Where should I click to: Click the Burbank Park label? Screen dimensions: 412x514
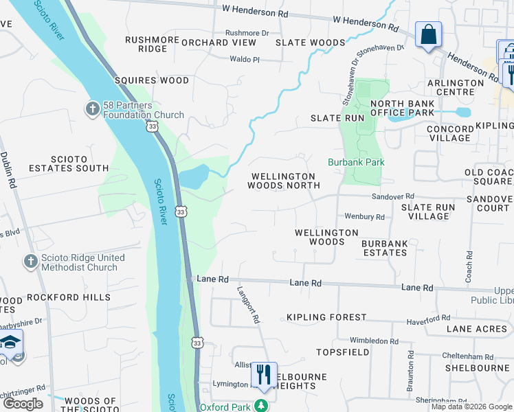pos(355,162)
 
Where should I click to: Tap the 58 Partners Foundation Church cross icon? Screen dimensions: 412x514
pos(93,108)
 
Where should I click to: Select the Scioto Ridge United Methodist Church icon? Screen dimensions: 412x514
pos(30,262)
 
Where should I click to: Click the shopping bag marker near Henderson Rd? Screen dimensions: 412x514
pos(428,34)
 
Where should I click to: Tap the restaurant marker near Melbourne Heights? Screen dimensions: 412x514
pos(263,375)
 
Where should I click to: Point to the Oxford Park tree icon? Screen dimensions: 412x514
pos(260,406)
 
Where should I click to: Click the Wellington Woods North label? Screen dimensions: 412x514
pos(284,181)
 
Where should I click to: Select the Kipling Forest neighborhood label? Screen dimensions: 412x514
pos(326,317)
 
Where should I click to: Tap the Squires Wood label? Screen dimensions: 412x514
pos(152,80)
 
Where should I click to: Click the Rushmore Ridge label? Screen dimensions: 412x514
pos(152,44)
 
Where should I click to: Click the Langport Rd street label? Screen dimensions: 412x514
pos(249,305)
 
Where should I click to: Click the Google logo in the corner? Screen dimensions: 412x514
pos(23,403)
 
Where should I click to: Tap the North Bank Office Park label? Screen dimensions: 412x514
pos(402,108)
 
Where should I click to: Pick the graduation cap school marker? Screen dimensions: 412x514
pos(10,344)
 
